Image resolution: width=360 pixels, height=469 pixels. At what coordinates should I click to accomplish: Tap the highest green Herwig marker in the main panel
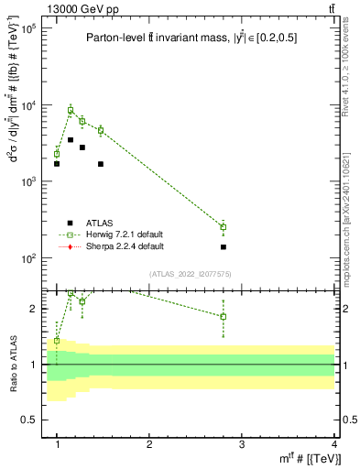pyautogui.click(x=71, y=110)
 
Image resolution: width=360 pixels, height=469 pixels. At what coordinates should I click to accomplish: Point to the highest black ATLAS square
pyautogui.click(x=71, y=140)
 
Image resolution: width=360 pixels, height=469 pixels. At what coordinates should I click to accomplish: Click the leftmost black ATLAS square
pyautogui.click(x=57, y=164)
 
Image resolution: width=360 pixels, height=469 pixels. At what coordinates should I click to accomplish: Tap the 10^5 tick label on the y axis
pyautogui.click(x=27, y=28)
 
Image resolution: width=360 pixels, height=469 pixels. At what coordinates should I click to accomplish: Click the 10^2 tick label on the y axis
pyautogui.click(x=27, y=258)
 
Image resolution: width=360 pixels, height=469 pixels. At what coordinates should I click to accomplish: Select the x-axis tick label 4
pyautogui.click(x=333, y=443)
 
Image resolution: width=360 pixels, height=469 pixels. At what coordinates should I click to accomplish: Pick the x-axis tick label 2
pyautogui.click(x=149, y=443)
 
